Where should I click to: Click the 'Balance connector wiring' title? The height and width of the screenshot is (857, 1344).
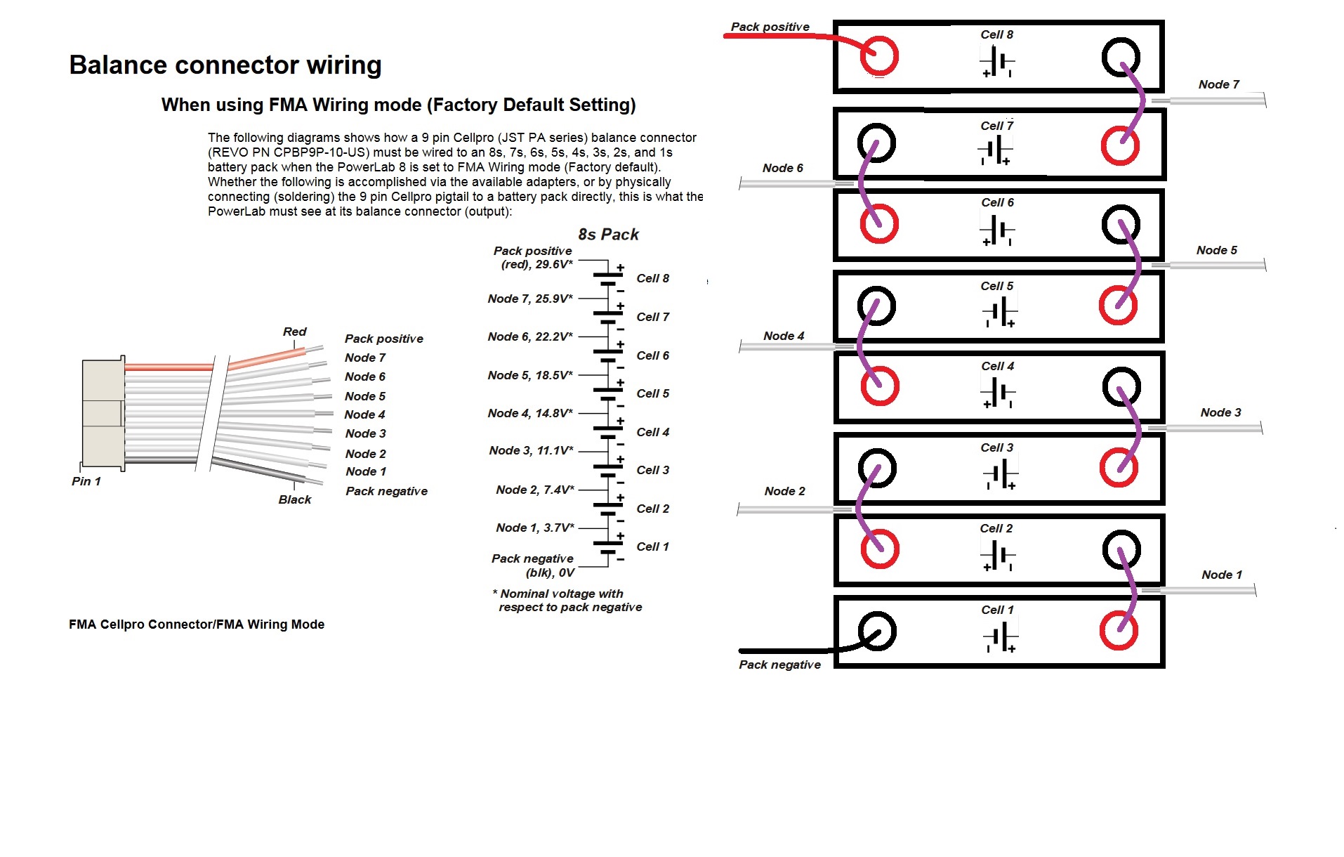(225, 65)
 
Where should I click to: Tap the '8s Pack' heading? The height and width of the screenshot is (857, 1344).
(608, 235)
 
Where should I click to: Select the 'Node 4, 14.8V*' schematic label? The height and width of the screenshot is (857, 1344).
(530, 413)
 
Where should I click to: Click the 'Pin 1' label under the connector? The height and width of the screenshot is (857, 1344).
(86, 481)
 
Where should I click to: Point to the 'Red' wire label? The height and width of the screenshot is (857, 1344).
(294, 332)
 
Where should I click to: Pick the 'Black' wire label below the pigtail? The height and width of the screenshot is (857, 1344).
(294, 499)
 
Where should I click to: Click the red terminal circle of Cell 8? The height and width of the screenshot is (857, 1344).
(879, 56)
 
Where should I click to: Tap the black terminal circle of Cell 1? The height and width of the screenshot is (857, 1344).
(877, 631)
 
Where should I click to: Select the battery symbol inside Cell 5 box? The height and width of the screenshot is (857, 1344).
(1000, 311)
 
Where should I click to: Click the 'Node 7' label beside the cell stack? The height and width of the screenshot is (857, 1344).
(1218, 84)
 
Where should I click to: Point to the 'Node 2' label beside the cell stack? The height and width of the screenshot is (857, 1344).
(784, 491)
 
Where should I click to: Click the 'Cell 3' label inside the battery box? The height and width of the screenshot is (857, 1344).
(996, 447)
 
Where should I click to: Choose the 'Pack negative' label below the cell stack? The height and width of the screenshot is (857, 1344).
(779, 665)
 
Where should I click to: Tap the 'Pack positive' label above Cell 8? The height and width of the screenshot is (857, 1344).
(770, 27)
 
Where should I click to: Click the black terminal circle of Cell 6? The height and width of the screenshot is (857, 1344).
(1121, 225)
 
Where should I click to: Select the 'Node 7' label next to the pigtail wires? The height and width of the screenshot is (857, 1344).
(364, 358)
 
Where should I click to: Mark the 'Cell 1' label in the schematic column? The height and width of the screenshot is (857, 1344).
(652, 547)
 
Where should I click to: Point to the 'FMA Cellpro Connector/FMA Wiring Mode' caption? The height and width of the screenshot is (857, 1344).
(197, 624)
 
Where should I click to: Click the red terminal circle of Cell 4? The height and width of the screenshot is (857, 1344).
(880, 386)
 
